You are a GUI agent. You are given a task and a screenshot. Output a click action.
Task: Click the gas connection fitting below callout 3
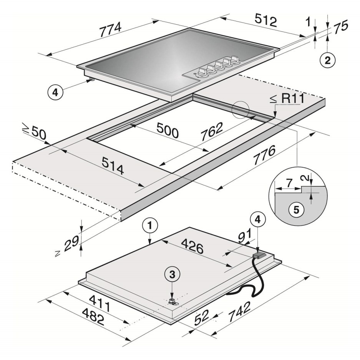coord(173,302)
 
